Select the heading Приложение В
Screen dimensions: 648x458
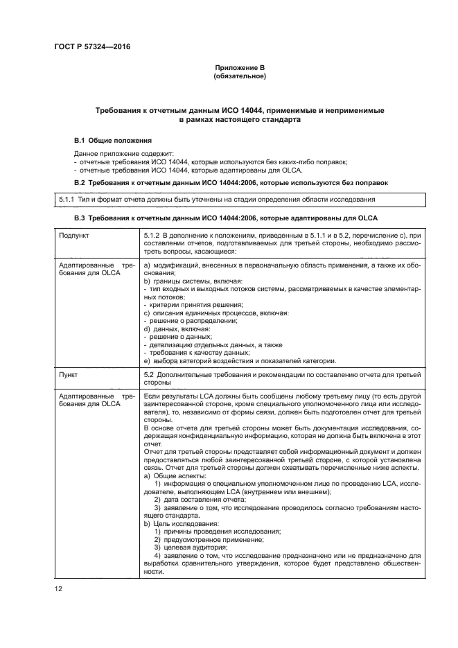tap(240, 67)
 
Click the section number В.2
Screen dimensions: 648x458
tap(81, 182)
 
